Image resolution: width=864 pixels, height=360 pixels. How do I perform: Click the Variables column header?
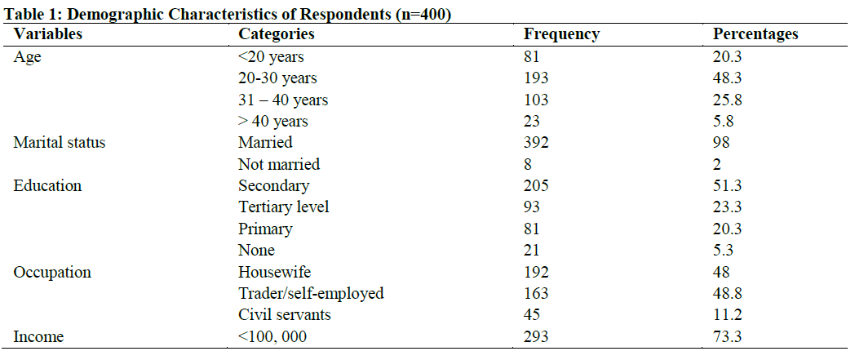point(48,34)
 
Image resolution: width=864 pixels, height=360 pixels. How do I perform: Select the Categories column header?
point(276,34)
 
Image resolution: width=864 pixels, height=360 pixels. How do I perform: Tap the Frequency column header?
point(561,34)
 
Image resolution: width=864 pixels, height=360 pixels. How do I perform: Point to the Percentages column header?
point(755,34)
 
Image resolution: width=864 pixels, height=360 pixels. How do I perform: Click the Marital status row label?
point(60,143)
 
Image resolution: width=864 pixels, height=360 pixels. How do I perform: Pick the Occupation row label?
point(52,272)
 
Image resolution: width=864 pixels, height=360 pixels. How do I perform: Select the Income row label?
point(38,336)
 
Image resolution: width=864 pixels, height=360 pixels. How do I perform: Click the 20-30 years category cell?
point(277,78)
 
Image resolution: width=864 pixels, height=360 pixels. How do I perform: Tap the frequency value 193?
point(536,78)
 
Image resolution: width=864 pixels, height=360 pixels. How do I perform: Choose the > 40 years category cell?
point(273,122)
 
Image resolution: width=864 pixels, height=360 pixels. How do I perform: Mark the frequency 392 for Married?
point(536,143)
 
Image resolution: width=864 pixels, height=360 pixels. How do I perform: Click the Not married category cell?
point(279,164)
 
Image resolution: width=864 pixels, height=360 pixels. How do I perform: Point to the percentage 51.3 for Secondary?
point(727,186)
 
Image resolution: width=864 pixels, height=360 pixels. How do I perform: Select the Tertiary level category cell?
point(284,207)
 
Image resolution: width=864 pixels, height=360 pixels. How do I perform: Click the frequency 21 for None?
point(532,251)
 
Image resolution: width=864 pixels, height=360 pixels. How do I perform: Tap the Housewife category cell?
point(275,272)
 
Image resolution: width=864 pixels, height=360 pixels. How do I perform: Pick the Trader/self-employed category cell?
point(311,293)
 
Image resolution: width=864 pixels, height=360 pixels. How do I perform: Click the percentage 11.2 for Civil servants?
point(726,314)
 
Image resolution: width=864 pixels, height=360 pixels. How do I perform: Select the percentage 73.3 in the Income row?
point(727,336)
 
